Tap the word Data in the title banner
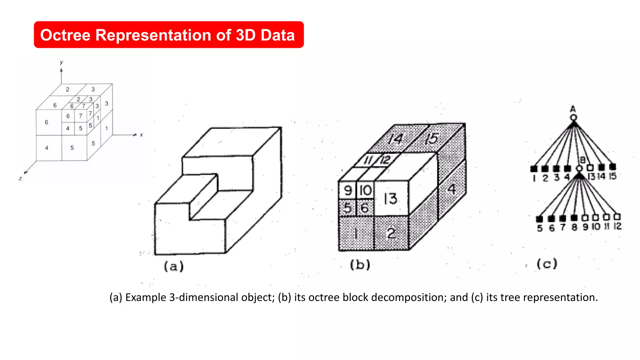click(277, 35)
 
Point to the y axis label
click(62, 62)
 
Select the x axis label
click(141, 135)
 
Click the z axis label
click(20, 178)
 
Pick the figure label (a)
click(174, 266)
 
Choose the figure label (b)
click(360, 265)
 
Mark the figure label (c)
click(547, 264)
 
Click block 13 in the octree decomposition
click(391, 198)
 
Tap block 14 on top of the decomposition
click(395, 139)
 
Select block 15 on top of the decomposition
click(432, 138)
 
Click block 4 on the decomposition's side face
click(452, 189)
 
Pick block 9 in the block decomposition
click(347, 190)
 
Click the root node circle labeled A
click(573, 117)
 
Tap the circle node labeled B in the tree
click(579, 168)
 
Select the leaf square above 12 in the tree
click(617, 216)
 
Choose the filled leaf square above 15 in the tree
click(612, 167)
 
